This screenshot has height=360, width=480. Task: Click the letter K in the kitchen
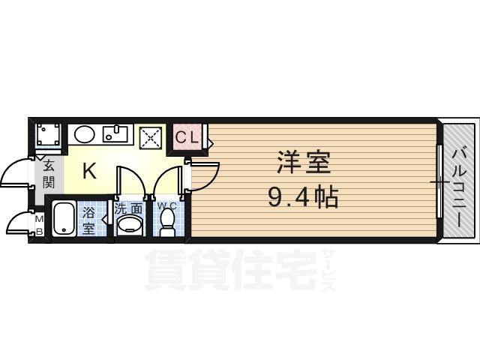88,171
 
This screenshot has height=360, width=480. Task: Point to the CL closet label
187,137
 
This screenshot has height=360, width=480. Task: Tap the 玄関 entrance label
48,173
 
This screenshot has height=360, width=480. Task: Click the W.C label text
166,204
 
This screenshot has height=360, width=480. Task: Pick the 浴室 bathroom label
88,219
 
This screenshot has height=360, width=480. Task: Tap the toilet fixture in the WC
167,223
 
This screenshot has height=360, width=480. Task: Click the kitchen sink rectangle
116,135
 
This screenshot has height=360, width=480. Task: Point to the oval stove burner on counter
84,135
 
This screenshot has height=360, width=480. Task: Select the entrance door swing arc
16,174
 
